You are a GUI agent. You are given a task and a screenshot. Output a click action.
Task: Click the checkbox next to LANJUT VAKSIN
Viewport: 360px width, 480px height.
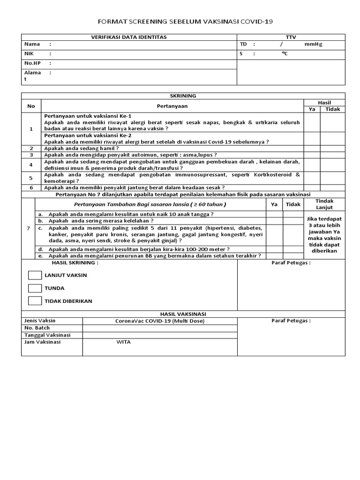35,275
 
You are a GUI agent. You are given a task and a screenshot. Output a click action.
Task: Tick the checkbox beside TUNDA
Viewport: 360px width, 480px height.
35,288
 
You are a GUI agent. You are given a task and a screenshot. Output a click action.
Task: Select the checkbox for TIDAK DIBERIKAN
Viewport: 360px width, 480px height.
35,301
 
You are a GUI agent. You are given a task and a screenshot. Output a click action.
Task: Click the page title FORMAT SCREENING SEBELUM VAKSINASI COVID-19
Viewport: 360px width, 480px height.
185,22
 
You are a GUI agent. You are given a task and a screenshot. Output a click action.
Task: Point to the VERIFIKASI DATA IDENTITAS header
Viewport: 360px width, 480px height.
128,37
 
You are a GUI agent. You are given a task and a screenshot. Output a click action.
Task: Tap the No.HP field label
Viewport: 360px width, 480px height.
31,63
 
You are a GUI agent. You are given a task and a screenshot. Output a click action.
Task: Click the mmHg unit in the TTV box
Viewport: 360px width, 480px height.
313,45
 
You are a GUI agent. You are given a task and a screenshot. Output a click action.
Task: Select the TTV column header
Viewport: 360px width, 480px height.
291,37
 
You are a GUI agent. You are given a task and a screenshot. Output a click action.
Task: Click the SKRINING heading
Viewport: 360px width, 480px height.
183,96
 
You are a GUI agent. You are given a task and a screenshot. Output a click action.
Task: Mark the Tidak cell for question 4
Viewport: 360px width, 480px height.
332,165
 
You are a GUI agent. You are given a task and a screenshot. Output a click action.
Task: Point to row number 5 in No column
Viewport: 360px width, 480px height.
31,178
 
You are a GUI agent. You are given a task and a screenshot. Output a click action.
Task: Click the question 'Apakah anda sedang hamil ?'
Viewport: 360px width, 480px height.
82,148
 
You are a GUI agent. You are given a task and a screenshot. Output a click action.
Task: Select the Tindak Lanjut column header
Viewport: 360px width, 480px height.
324,204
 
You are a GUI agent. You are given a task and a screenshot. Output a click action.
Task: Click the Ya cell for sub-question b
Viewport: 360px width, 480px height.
275,221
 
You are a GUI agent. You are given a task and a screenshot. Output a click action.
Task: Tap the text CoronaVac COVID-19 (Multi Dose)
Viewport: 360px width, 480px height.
160,321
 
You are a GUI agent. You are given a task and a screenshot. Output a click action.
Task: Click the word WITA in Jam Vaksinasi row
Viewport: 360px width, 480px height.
124,342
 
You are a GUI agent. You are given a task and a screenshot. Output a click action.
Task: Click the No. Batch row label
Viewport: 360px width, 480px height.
37,328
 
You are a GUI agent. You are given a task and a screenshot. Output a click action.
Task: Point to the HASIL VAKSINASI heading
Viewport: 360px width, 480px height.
183,314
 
